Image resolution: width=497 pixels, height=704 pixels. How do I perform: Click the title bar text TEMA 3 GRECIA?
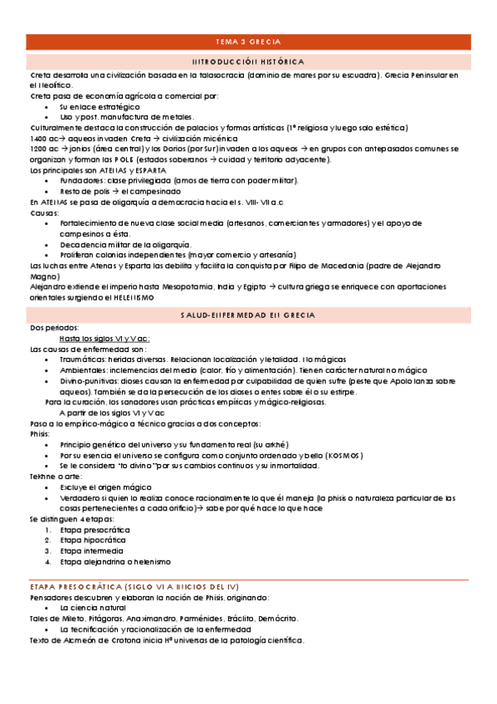click(x=248, y=42)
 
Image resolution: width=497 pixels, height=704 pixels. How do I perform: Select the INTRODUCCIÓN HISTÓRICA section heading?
click(x=248, y=61)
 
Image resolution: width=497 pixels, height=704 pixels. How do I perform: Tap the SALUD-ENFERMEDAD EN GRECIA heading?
click(x=248, y=316)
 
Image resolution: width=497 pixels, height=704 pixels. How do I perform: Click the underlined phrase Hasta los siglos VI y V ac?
click(x=104, y=339)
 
